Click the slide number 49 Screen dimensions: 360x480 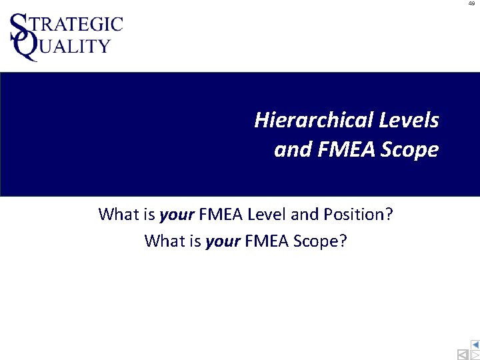(471, 3)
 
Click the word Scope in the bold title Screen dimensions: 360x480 (410, 150)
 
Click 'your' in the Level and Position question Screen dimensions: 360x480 (177, 215)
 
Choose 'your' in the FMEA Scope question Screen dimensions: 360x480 (223, 241)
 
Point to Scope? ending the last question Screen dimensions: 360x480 (322, 241)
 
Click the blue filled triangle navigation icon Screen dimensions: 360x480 (475, 345)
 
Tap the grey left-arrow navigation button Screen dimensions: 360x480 (462, 355)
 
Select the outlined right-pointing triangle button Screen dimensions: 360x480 (475, 355)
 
